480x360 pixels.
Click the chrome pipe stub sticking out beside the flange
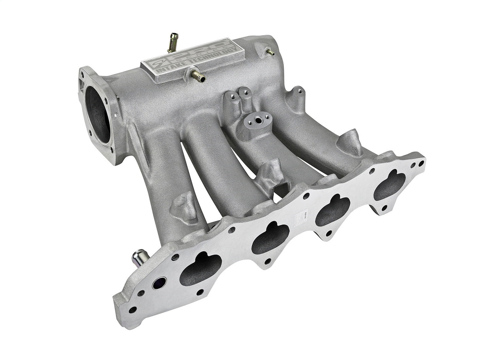pyautogui.click(x=140, y=257)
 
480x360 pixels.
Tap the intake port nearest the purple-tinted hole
pyautogui.click(x=200, y=269)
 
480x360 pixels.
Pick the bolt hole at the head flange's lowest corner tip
pyautogui.click(x=132, y=309)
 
